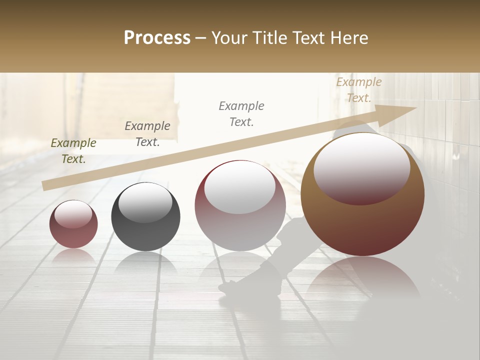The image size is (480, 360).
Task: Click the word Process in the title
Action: [x=157, y=38]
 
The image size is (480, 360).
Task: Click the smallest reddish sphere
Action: [x=73, y=224]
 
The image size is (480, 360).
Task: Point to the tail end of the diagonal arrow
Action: [x=45, y=185]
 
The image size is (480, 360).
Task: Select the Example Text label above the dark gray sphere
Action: [x=147, y=134]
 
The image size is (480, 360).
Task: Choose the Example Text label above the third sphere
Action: [x=241, y=113]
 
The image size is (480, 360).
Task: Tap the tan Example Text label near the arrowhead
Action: [x=358, y=90]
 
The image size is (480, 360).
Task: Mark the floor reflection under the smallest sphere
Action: [x=73, y=257]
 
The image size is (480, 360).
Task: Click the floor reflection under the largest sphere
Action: [x=362, y=280]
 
